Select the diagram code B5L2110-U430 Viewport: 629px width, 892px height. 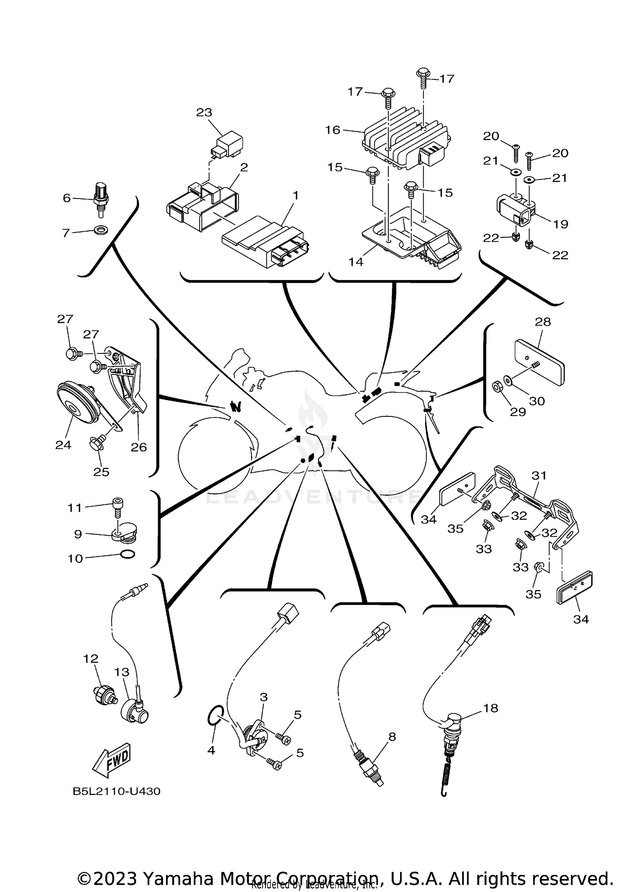(x=116, y=792)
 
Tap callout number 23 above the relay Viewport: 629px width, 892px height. (x=204, y=112)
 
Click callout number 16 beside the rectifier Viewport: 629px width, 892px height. (x=333, y=130)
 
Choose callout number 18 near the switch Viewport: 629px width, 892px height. (x=490, y=708)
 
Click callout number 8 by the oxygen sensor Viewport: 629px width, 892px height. (x=392, y=736)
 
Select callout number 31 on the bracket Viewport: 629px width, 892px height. (x=539, y=476)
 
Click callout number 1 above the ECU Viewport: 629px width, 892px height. (x=296, y=195)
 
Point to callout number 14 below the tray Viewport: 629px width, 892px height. (x=356, y=262)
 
